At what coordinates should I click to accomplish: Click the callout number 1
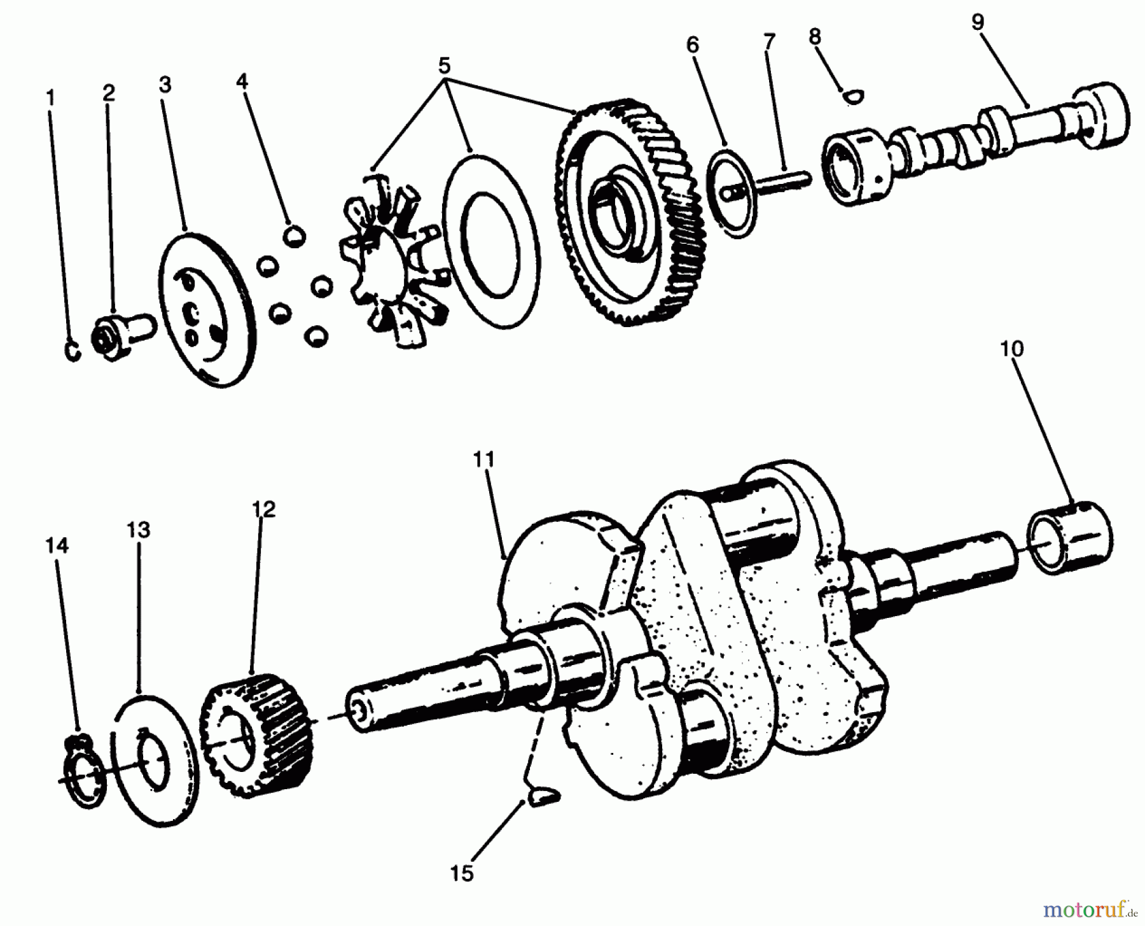click(50, 98)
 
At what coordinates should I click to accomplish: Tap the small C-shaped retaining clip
click(74, 351)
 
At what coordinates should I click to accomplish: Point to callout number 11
click(483, 459)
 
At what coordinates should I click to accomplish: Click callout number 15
click(462, 873)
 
